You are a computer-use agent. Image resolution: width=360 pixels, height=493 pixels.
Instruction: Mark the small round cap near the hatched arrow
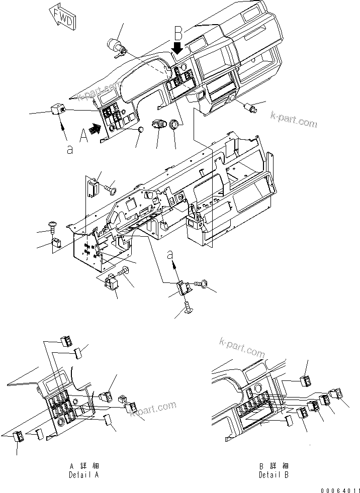(x=142, y=130)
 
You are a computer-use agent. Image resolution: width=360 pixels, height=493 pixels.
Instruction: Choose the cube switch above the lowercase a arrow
(x=57, y=108)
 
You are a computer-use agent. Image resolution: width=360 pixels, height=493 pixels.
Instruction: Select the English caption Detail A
(x=83, y=474)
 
